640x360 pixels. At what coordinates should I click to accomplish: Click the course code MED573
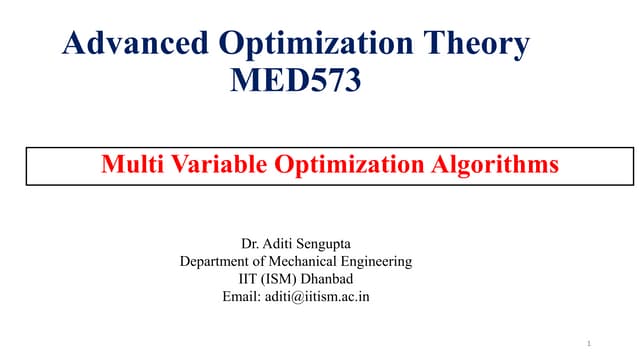[295, 80]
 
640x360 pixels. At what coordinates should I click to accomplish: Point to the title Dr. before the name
[251, 243]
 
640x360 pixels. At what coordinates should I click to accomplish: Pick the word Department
[216, 261]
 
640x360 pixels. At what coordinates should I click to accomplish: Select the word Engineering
[376, 262]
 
